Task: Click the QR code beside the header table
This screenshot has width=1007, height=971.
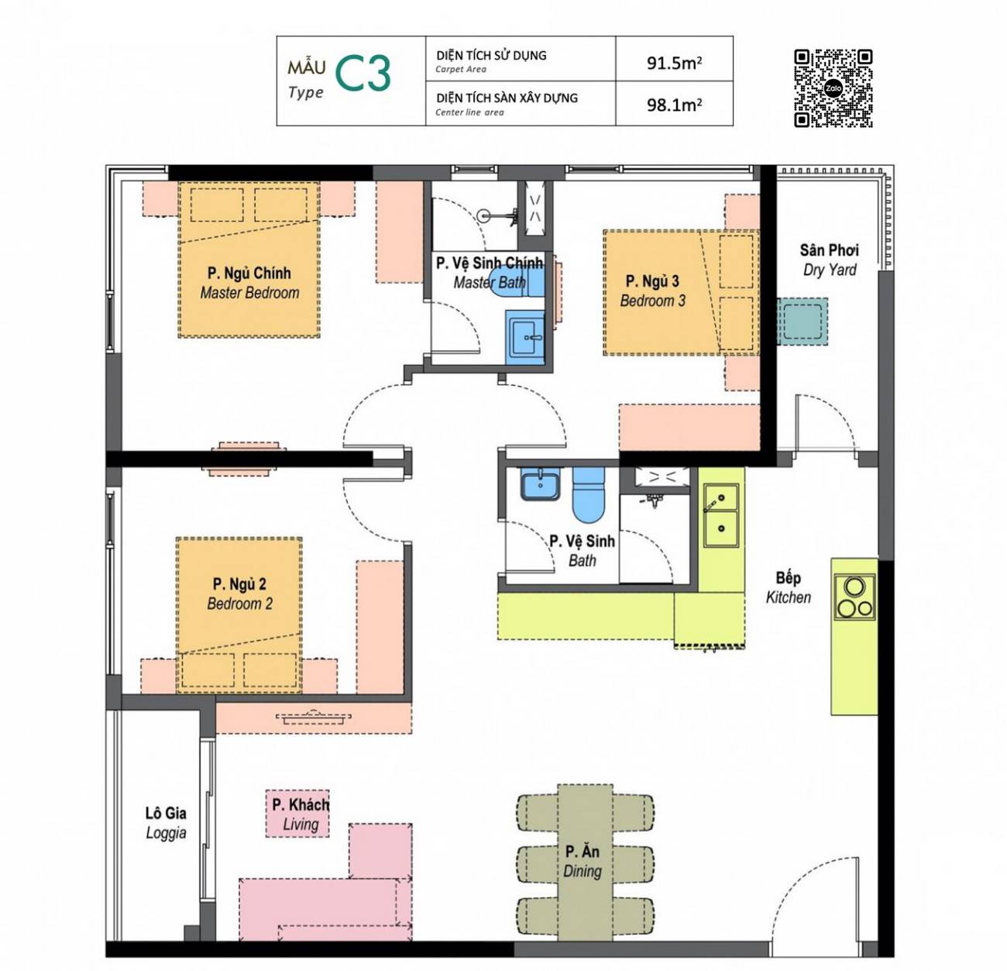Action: pyautogui.click(x=833, y=88)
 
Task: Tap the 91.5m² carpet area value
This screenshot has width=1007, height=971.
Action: pyautogui.click(x=674, y=63)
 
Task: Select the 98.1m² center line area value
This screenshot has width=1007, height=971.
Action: pyautogui.click(x=674, y=105)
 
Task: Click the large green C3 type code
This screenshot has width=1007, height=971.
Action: pyautogui.click(x=363, y=73)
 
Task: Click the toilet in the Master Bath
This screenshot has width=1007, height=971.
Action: pyautogui.click(x=517, y=283)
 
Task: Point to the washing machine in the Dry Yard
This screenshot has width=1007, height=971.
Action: pyautogui.click(x=802, y=322)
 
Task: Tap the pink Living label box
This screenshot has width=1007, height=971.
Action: pyautogui.click(x=297, y=814)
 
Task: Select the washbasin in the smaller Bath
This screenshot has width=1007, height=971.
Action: pyautogui.click(x=540, y=484)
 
